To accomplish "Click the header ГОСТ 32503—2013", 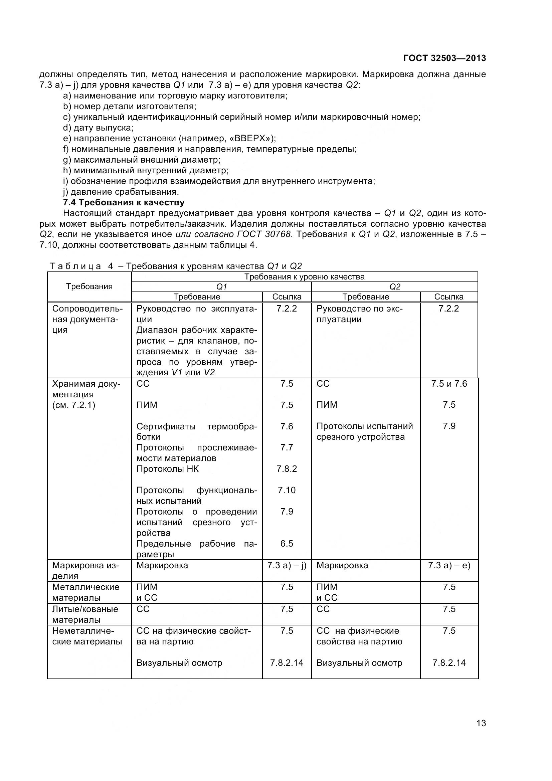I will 444,58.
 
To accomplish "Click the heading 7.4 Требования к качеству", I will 124,202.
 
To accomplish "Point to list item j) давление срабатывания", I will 121,192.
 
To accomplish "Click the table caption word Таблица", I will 75,266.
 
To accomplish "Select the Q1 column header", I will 221,287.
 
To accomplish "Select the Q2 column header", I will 394,287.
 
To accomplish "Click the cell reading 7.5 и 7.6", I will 449,384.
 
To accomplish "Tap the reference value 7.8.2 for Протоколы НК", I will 287,469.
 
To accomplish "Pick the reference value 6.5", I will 287,544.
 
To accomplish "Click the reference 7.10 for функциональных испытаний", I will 287,490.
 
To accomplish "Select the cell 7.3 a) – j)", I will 287,565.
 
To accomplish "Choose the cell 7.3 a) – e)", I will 449,565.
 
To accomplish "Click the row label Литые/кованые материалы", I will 85,614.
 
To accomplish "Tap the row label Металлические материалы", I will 86,592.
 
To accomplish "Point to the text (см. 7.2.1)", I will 74,405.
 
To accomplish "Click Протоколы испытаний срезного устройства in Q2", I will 365,431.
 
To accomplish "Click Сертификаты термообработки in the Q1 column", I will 197,431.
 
